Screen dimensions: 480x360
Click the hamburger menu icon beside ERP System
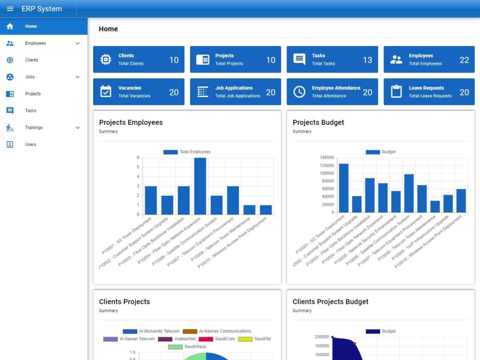click(10, 9)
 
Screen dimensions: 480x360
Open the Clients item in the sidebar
click(32, 60)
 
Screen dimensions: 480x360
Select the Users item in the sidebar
click(31, 144)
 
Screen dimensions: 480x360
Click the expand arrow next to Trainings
click(78, 128)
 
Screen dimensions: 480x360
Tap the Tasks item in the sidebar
click(31, 110)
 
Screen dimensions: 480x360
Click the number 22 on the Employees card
click(464, 60)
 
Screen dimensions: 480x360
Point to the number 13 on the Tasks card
click(367, 60)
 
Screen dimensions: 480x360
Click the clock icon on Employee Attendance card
click(299, 92)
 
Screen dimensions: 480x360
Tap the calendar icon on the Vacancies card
click(106, 92)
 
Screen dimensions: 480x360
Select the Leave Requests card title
click(426, 88)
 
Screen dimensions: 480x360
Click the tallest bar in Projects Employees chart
click(200, 186)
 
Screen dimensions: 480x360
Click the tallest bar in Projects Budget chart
click(344, 188)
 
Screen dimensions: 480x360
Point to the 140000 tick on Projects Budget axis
click(326, 157)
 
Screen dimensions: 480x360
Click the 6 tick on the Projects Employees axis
click(138, 157)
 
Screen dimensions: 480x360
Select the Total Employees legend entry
click(187, 152)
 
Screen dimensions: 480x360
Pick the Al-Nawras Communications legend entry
click(217, 331)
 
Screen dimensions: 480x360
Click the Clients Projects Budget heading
click(330, 301)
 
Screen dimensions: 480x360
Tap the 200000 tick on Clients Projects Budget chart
click(322, 337)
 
